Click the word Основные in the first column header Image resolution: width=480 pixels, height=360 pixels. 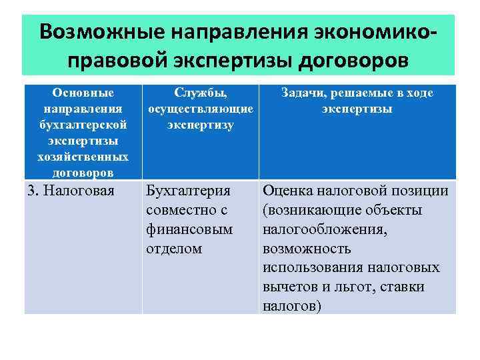click(x=83, y=93)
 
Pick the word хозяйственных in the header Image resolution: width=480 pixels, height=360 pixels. click(x=83, y=157)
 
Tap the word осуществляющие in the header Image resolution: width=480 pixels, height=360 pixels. click(x=200, y=109)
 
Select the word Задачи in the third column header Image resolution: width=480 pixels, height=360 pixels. click(x=306, y=93)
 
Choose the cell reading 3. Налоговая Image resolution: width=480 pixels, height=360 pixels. click(x=71, y=191)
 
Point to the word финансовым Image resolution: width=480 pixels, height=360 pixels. click(x=189, y=229)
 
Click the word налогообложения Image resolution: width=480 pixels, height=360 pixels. click(x=325, y=229)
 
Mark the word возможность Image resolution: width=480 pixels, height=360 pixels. click(x=307, y=249)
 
